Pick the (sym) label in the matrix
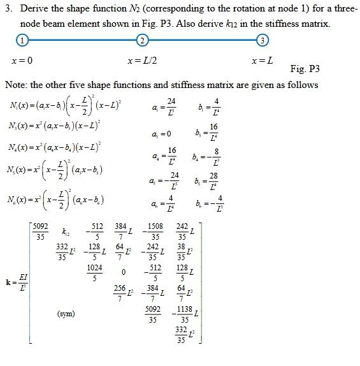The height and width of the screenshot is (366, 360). [x=64, y=313]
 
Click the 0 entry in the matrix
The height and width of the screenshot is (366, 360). [x=124, y=273]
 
